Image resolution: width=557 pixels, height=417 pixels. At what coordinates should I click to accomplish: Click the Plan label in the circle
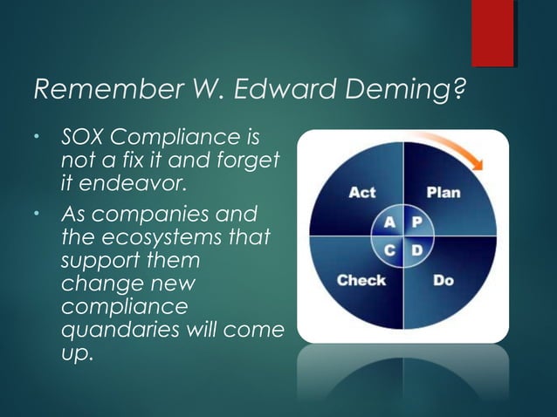pos(443,193)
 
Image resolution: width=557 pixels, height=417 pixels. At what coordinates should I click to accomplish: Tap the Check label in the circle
pos(361,281)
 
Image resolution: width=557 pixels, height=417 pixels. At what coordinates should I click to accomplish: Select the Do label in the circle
pos(444,281)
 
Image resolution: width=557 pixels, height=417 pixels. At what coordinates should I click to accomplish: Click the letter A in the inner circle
pos(389,222)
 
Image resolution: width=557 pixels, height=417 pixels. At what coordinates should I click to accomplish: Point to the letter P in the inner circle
pos(416,222)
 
